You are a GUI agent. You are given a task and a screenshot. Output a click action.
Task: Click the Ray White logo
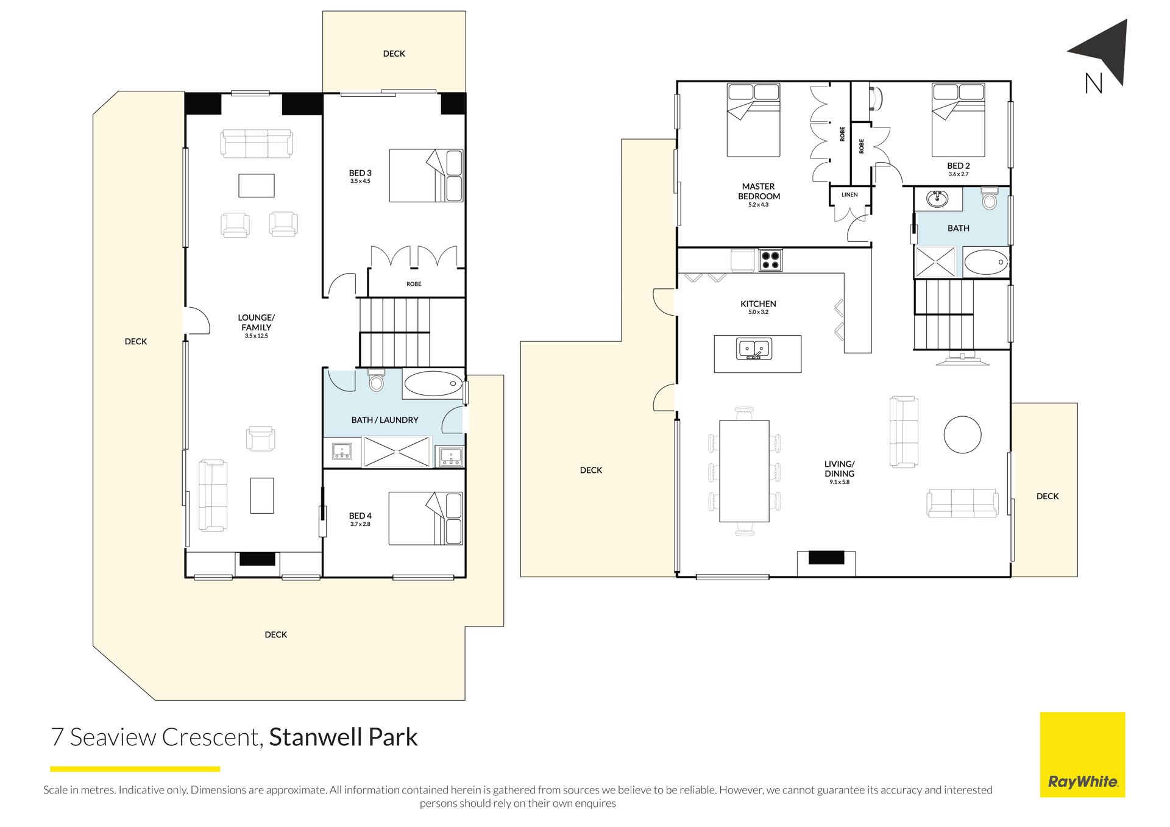1082,754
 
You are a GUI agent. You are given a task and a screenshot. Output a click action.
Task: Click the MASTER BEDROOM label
759,191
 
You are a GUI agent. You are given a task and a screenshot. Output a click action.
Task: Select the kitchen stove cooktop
770,260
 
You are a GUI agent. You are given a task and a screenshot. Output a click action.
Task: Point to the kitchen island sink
754,349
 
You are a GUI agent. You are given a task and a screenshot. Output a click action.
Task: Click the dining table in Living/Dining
744,471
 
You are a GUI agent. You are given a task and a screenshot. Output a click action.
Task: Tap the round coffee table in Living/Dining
962,435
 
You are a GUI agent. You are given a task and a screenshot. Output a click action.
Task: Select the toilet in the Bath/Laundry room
377,380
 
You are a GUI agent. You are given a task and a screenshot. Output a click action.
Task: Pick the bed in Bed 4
426,518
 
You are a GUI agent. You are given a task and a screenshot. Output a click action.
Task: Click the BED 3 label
360,173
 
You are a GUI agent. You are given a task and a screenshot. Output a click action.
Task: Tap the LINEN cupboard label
849,195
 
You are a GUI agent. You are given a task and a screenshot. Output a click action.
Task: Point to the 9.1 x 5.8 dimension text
839,482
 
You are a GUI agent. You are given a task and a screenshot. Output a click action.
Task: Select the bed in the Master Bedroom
754,120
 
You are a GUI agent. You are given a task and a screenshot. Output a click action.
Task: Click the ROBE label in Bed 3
414,284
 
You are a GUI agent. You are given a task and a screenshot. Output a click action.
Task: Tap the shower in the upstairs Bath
935,262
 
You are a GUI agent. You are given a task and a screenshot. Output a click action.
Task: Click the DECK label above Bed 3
394,54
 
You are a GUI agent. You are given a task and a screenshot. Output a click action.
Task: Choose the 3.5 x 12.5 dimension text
256,336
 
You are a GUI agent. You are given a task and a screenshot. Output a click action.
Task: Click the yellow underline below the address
135,769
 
